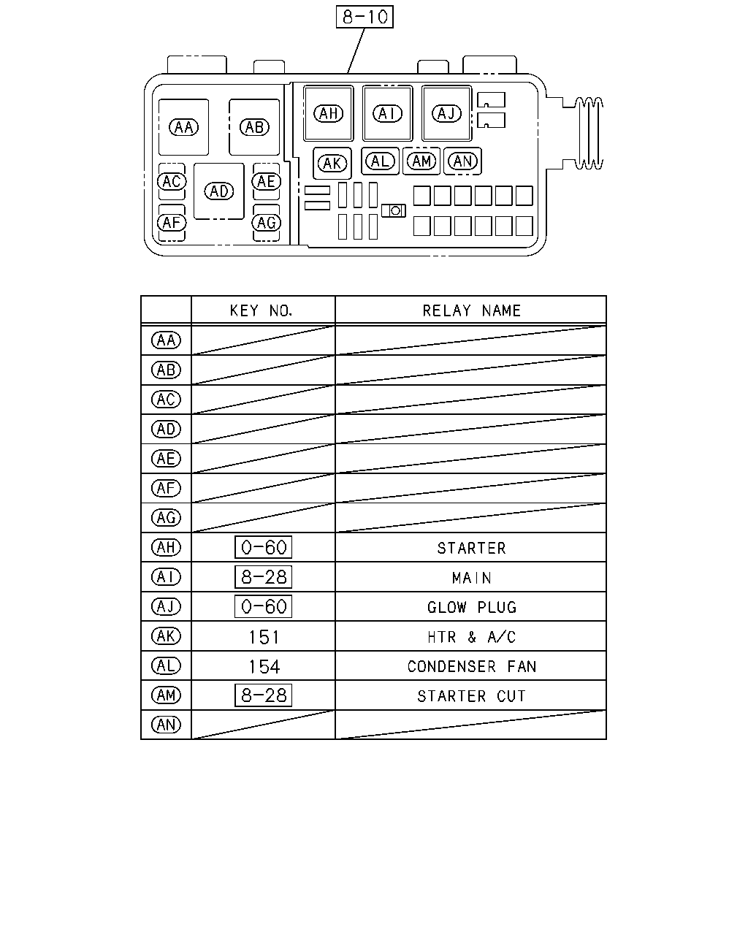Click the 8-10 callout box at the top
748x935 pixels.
click(365, 17)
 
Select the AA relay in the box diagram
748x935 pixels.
click(183, 127)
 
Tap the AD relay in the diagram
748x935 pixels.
click(218, 191)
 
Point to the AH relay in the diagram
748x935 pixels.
click(328, 113)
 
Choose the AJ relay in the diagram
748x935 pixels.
click(446, 113)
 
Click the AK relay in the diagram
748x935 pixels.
click(332, 164)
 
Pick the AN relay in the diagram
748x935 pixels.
click(462, 161)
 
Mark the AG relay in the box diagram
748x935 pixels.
click(266, 223)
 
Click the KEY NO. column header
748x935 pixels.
click(262, 310)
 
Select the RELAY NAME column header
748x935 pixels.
click(472, 310)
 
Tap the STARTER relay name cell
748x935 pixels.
click(472, 549)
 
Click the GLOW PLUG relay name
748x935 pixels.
click(472, 608)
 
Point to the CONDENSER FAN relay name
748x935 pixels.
click(472, 666)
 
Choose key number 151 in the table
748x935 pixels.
click(264, 638)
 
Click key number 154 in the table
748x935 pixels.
click(264, 667)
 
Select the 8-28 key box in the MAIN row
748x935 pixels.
click(264, 577)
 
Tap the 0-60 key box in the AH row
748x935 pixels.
click(264, 547)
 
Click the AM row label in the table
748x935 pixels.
click(166, 695)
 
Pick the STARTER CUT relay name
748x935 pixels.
click(472, 696)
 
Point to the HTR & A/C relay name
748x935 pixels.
click(472, 637)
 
